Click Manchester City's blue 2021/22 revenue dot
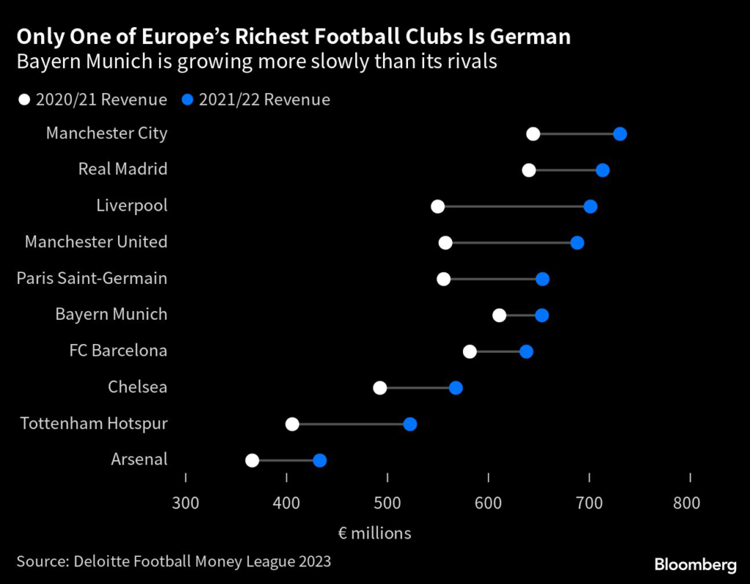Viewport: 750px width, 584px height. tap(620, 133)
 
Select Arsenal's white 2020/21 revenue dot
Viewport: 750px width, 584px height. tap(252, 460)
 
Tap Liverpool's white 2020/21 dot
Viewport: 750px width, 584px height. tap(438, 206)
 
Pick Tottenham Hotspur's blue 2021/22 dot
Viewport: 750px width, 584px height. tap(410, 424)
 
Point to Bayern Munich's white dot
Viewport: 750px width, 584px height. tap(500, 315)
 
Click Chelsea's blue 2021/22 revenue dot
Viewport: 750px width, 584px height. tap(456, 388)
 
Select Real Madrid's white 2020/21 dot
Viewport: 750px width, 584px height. tap(529, 171)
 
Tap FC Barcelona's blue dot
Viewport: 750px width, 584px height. tap(527, 352)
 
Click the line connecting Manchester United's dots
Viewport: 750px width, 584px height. tap(511, 243)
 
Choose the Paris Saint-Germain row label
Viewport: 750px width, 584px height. tap(92, 278)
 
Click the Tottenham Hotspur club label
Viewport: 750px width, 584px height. tap(94, 423)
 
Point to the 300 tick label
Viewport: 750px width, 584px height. tap(185, 503)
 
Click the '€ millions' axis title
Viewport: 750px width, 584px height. tap(374, 533)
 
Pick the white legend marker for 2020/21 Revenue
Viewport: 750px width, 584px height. tap(24, 100)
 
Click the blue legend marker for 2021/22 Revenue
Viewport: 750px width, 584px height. tap(187, 100)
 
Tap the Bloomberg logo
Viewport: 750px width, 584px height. tap(695, 564)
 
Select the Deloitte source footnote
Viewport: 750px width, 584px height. tap(174, 561)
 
